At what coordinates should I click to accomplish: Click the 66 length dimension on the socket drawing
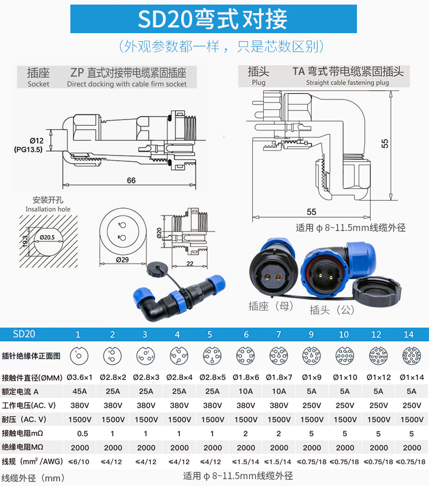pos(131,181)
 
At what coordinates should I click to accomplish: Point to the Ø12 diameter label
pos(37,141)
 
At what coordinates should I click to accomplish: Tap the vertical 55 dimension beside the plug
pos(385,143)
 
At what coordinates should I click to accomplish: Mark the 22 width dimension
pos(190,262)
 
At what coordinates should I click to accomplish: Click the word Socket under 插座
pos(38,84)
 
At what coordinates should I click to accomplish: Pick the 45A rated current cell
pos(78,391)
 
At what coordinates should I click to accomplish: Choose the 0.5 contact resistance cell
pos(78,433)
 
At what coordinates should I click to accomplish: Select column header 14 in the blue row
pos(408,334)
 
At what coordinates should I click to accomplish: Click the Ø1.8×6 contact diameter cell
pos(246,377)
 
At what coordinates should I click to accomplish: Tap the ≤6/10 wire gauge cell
pos(78,461)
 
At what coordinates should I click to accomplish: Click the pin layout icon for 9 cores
pos(312,355)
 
